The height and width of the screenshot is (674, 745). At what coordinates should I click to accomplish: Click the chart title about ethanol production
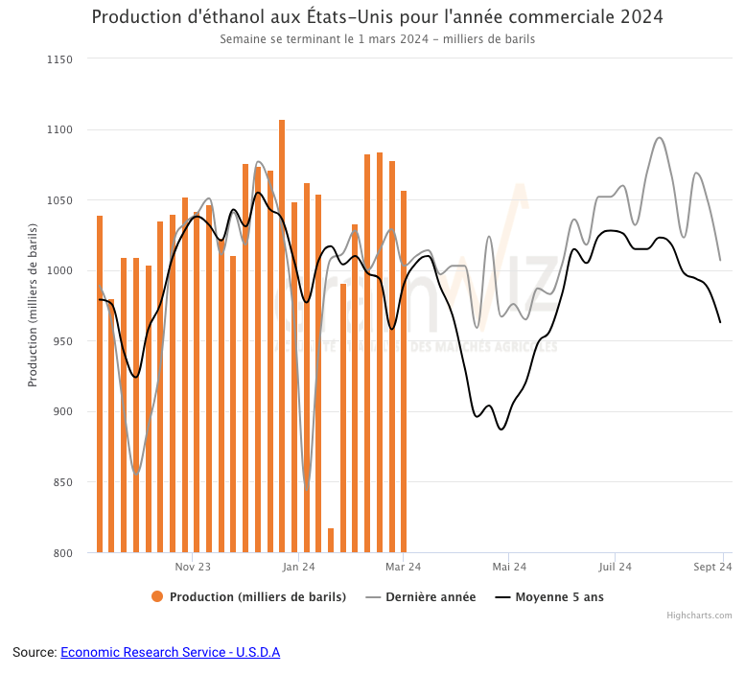(377, 17)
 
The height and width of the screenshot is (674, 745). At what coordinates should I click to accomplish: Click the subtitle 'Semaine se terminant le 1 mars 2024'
(377, 39)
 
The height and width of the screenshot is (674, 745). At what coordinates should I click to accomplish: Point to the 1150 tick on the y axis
(59, 59)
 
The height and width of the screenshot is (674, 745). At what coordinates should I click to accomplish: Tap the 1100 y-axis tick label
(59, 129)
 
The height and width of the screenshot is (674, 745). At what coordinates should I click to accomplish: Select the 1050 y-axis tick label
(59, 200)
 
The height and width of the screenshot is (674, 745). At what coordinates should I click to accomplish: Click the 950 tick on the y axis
(62, 341)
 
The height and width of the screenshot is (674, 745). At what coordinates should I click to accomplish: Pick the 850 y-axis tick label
(62, 482)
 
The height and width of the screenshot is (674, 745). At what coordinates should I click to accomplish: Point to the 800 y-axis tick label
(62, 553)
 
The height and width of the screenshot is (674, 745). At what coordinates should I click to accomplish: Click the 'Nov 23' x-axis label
(193, 568)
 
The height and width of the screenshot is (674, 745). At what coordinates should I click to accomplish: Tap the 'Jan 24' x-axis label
(298, 568)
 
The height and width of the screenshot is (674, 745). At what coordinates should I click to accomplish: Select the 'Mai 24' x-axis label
(509, 568)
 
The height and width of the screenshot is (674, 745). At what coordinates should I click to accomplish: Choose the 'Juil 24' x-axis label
(615, 568)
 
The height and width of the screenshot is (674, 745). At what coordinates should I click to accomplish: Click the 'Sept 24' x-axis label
(712, 568)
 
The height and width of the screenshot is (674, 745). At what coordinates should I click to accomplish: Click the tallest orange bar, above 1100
(282, 336)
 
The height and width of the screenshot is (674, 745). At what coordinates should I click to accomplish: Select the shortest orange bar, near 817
(331, 541)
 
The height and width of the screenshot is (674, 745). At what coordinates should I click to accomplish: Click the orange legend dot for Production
(157, 597)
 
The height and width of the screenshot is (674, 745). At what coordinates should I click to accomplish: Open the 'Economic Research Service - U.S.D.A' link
(170, 653)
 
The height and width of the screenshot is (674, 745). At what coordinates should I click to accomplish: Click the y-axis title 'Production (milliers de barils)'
(33, 305)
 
